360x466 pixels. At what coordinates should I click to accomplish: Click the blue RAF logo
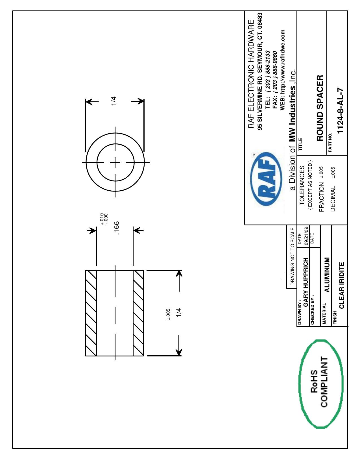click(266, 179)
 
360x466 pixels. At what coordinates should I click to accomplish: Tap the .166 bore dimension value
click(116, 228)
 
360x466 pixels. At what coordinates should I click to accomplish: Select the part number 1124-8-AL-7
click(341, 111)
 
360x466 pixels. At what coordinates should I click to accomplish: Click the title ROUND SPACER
click(320, 108)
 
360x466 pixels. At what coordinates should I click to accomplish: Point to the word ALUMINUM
click(327, 275)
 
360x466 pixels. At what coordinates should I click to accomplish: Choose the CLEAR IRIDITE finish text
click(342, 285)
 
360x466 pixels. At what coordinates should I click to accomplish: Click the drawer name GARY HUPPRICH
click(306, 282)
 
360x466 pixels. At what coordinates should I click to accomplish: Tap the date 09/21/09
click(306, 236)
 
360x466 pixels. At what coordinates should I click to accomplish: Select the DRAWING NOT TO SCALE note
click(292, 256)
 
